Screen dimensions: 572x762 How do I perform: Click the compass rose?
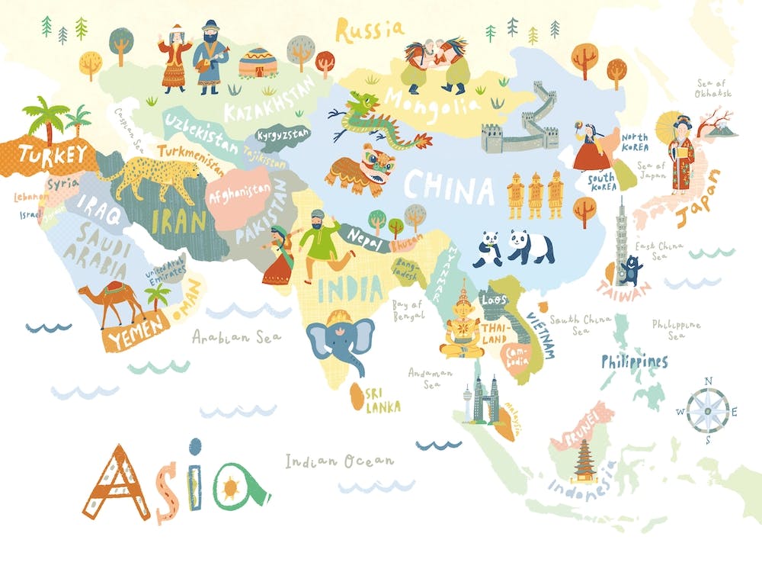708,411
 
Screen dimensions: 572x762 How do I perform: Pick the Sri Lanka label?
383,400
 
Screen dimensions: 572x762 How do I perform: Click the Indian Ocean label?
340,461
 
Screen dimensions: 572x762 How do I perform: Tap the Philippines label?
634,362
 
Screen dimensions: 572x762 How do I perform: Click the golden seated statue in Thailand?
463,324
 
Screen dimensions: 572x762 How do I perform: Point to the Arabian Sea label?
236,336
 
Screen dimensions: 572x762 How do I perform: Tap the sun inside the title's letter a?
230,484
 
